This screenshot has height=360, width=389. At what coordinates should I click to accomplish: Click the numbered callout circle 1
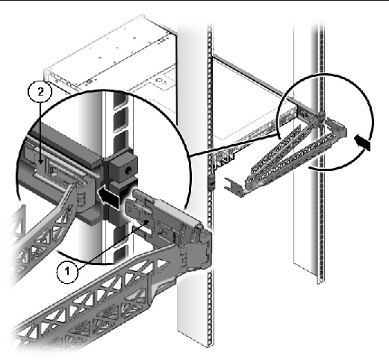click(x=67, y=272)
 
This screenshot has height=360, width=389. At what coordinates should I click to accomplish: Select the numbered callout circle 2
click(x=40, y=92)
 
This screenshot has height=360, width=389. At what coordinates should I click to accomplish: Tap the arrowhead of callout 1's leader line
click(x=146, y=223)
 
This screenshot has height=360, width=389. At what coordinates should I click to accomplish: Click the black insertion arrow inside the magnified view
click(x=108, y=196)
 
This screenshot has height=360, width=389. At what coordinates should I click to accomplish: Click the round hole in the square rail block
click(x=128, y=170)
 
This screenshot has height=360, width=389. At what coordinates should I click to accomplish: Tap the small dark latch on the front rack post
click(x=211, y=181)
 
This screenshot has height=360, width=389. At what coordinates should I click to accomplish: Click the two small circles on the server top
click(x=160, y=81)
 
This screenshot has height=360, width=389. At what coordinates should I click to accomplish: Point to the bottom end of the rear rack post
click(x=321, y=281)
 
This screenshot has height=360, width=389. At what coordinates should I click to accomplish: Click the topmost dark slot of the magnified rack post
click(x=120, y=98)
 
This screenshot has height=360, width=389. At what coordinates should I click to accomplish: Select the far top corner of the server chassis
click(x=143, y=16)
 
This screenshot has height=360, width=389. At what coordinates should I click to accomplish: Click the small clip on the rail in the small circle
click(x=321, y=116)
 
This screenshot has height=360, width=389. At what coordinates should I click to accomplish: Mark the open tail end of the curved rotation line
click(x=309, y=168)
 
